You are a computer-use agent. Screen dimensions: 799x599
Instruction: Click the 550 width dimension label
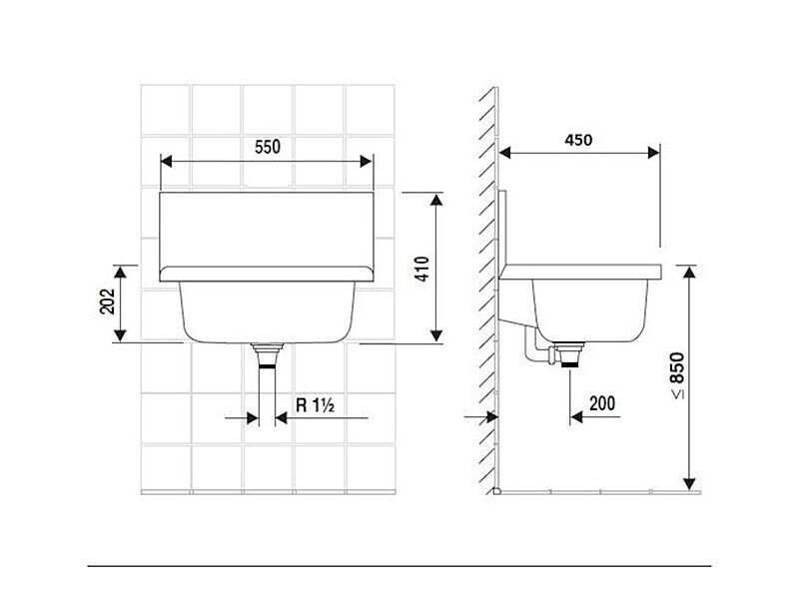tap(268, 147)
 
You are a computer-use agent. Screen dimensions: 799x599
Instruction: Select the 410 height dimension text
tap(422, 269)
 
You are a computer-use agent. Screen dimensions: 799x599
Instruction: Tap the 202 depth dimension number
tap(107, 301)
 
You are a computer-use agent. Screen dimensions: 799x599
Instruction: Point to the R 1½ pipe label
tap(315, 405)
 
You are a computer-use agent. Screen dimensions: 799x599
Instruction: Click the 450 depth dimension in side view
tap(578, 140)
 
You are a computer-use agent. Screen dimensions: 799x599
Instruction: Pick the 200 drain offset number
tap(602, 403)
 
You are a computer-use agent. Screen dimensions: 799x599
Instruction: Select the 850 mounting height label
tap(678, 367)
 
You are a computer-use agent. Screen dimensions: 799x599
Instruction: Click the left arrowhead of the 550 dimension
tap(166, 162)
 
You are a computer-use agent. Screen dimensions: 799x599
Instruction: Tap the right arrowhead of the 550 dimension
tap(366, 162)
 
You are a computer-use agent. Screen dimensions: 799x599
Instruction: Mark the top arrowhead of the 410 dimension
tap(436, 199)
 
